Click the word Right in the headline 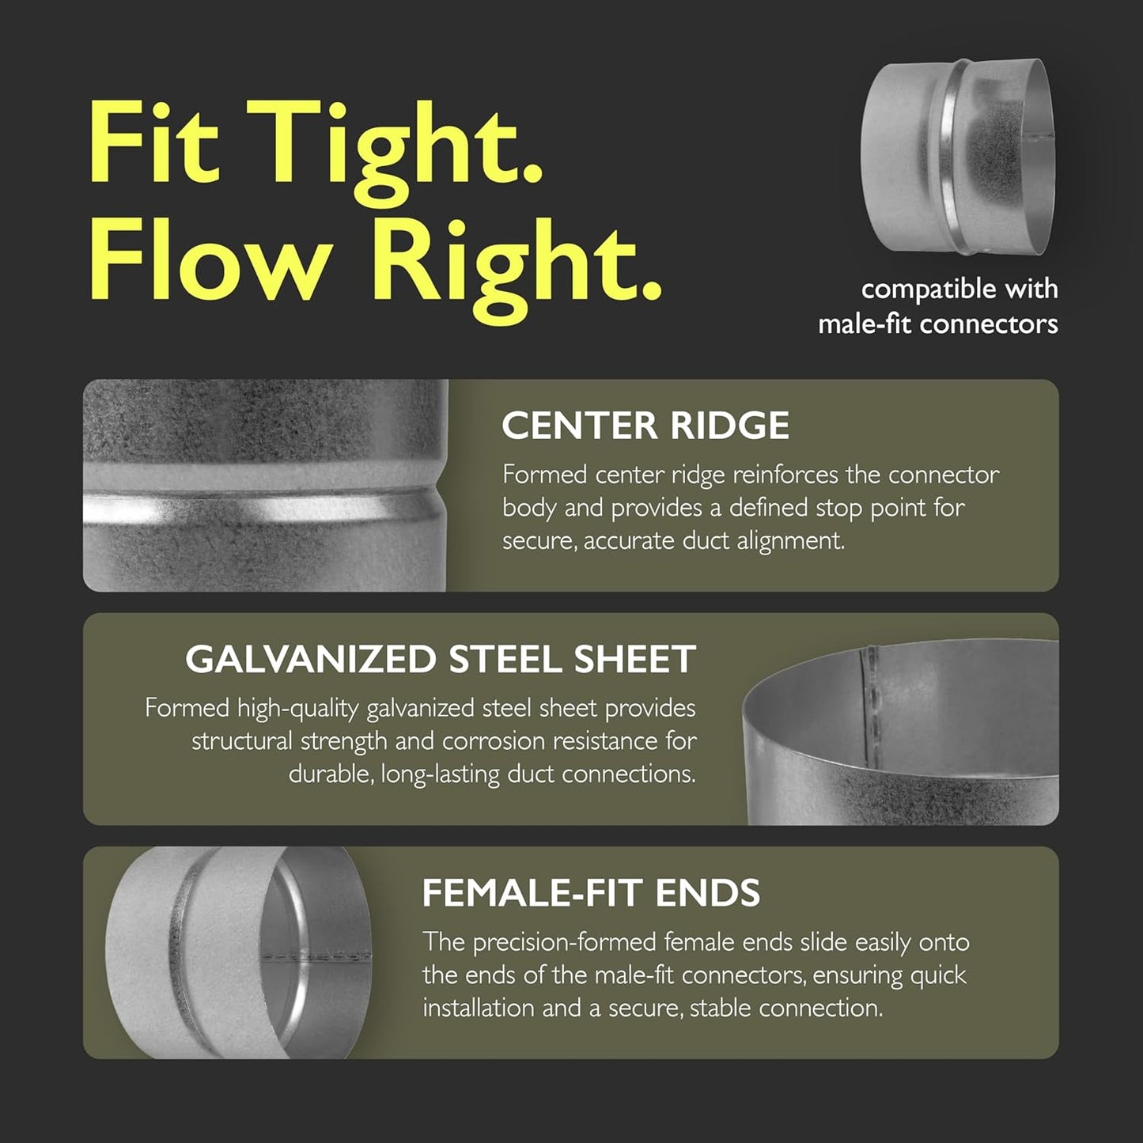click(514, 268)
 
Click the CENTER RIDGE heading click(645, 426)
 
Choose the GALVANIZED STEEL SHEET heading click(441, 658)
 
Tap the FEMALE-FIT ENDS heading click(591, 892)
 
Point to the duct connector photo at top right click(958, 156)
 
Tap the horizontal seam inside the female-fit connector click(316, 956)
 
